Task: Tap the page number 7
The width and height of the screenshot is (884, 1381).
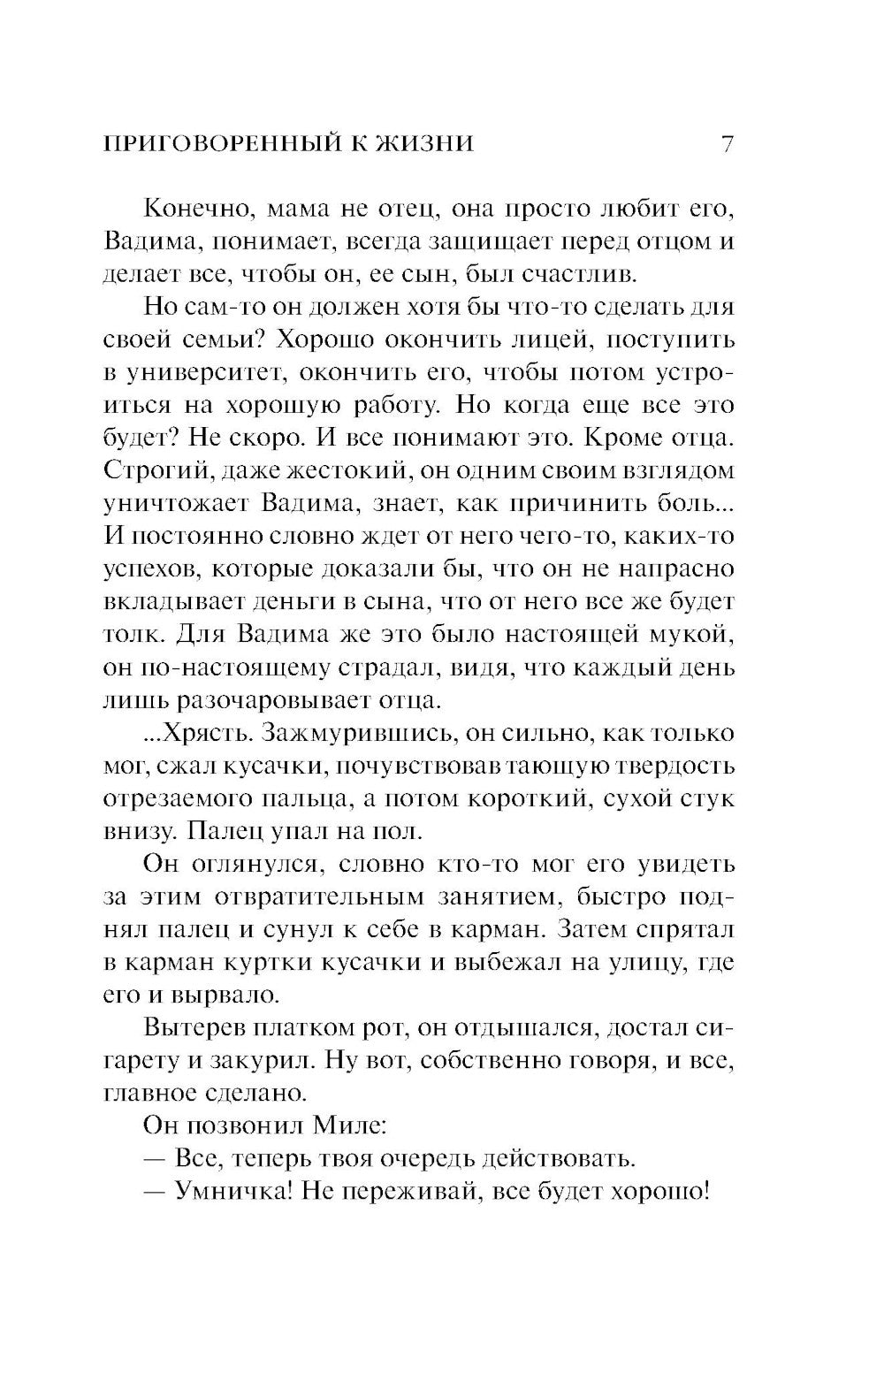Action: pos(727,144)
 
